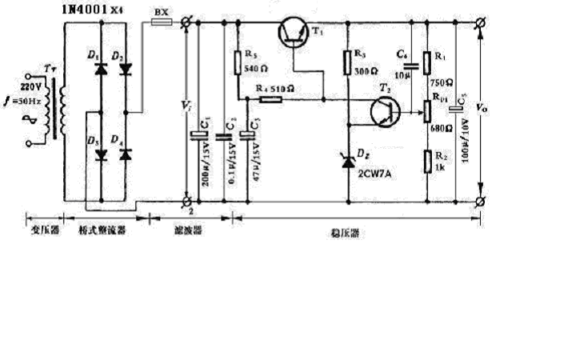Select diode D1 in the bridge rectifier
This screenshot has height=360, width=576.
click(x=101, y=70)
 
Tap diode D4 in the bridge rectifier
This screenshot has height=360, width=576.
click(x=125, y=154)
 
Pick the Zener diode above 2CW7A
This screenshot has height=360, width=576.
click(x=348, y=162)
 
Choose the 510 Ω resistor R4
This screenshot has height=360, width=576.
click(x=269, y=100)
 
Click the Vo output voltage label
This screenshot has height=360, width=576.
click(x=479, y=106)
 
